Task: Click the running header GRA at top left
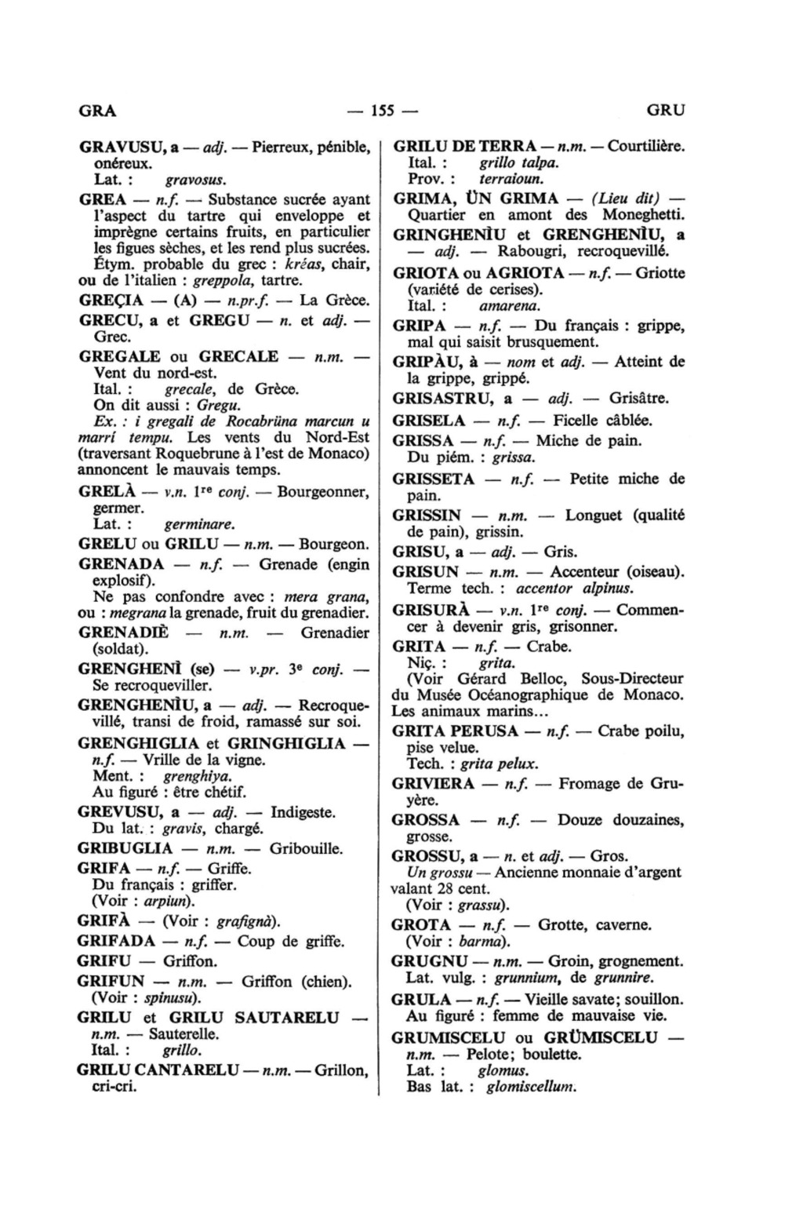click(97, 110)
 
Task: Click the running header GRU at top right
click(666, 110)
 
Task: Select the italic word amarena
click(510, 306)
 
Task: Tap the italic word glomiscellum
click(531, 1087)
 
